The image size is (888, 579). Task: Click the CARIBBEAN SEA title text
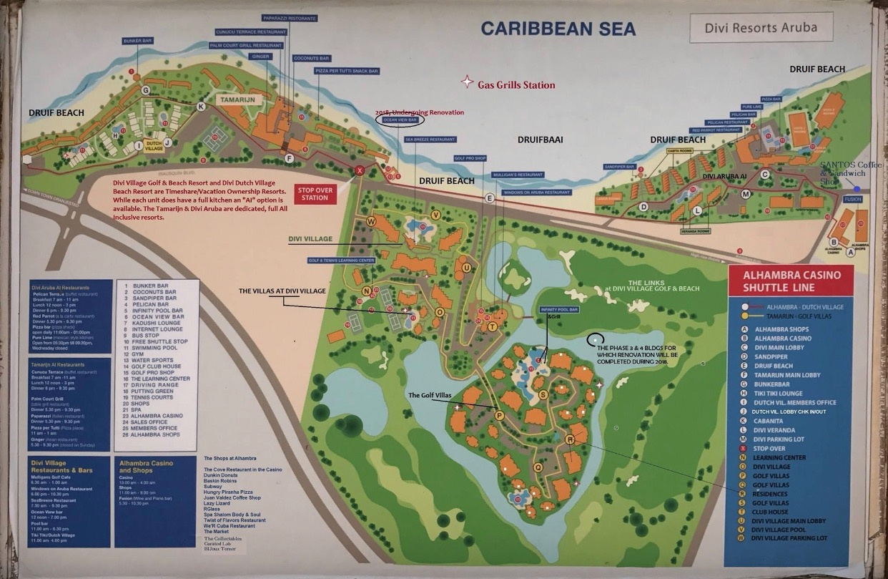[548, 29]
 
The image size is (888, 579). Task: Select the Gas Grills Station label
[516, 84]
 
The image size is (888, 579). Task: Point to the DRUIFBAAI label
[540, 140]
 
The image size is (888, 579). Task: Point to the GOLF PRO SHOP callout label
[470, 158]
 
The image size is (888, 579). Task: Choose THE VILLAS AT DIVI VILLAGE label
[282, 291]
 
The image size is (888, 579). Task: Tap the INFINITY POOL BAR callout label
[558, 310]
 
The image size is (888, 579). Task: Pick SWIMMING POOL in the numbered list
[152, 348]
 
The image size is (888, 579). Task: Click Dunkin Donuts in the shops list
[223, 477]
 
